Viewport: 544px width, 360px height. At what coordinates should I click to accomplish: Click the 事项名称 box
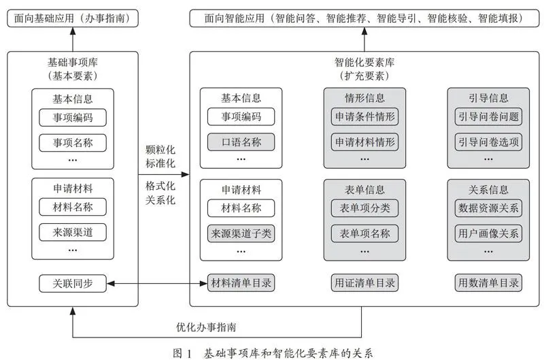tap(73, 143)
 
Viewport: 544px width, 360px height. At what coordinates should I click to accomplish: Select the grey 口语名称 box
tap(241, 142)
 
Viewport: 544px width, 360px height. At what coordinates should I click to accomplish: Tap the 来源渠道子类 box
tap(241, 233)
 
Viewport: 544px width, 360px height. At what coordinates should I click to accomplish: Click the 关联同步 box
tap(73, 283)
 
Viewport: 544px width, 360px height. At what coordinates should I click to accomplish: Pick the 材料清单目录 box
tap(241, 283)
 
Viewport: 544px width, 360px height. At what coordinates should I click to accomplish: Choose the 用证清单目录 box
tap(364, 283)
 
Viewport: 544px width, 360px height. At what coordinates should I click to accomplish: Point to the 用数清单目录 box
tap(488, 283)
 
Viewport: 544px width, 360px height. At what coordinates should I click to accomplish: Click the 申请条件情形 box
tap(364, 116)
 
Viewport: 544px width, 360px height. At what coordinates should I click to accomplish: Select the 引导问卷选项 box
tap(488, 142)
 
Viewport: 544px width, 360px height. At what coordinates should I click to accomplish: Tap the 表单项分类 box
tap(364, 208)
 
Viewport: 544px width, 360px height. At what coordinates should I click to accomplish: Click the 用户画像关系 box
tap(488, 233)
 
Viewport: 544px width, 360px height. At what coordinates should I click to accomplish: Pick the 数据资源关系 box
tap(488, 208)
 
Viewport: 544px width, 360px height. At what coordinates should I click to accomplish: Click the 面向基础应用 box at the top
tap(73, 18)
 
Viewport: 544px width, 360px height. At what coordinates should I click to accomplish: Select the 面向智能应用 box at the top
tap(364, 18)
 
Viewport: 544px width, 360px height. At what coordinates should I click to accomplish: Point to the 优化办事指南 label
tap(206, 327)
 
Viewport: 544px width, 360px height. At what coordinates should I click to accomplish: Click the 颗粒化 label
tap(160, 150)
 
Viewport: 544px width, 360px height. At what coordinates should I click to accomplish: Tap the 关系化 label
tap(160, 200)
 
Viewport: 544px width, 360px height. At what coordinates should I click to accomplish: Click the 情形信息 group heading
tap(364, 98)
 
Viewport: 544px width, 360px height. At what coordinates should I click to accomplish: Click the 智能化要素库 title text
tap(364, 63)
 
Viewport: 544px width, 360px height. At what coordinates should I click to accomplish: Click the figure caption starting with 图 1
tap(273, 353)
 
